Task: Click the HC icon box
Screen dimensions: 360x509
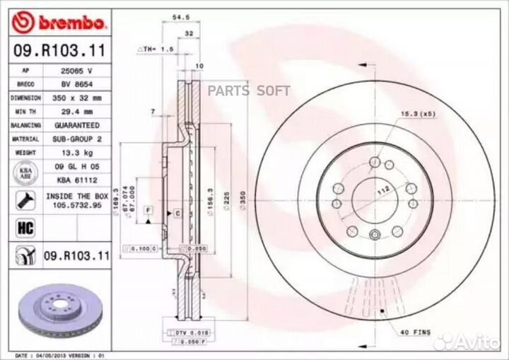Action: [x=21, y=227]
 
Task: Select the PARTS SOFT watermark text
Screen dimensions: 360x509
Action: [x=258, y=91]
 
